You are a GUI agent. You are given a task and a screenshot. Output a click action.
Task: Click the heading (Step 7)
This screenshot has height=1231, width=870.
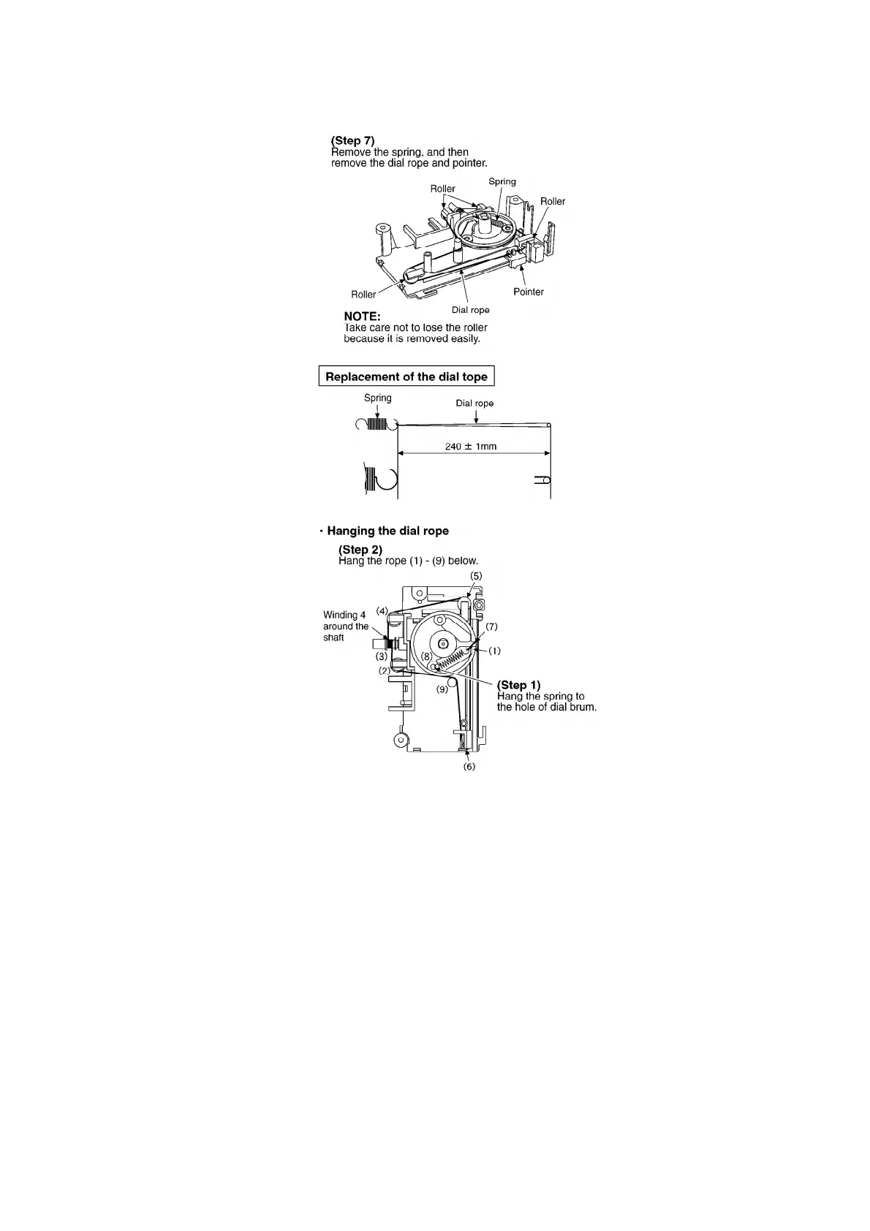point(353,140)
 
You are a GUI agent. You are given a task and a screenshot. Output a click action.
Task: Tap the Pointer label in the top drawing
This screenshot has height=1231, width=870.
point(528,292)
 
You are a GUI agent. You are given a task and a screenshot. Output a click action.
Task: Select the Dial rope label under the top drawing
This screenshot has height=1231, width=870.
point(470,310)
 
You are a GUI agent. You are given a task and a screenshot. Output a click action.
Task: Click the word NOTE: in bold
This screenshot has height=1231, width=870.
point(362,317)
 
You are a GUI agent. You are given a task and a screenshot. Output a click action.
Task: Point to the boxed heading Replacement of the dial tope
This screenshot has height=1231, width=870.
point(406,376)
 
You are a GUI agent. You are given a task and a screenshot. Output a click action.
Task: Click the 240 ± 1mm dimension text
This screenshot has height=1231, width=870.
point(471,446)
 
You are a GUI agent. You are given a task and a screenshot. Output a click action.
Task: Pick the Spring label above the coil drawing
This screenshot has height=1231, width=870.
point(377,398)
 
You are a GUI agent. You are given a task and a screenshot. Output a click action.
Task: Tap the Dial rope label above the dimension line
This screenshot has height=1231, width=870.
point(474,403)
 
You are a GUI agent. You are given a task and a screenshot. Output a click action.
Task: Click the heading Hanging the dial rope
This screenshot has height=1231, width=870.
point(387,531)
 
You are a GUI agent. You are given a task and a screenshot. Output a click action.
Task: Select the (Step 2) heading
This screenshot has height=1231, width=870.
point(360,549)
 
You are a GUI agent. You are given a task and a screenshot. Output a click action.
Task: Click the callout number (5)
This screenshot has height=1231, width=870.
point(476,576)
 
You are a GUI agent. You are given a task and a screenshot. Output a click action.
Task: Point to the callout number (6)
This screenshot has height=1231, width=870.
point(469,766)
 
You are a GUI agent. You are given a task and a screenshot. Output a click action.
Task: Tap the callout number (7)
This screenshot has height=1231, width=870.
point(491,626)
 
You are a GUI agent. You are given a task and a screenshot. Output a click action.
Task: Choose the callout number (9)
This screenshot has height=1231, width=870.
point(442,689)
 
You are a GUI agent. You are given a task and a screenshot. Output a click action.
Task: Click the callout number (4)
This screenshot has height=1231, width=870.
point(382,610)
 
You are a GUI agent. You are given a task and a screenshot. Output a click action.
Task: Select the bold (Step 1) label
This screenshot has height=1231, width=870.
point(518,685)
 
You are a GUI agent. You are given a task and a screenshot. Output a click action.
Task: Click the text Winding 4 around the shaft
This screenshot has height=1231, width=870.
point(345,626)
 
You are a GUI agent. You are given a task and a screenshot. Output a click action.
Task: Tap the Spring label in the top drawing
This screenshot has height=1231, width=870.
point(502,181)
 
